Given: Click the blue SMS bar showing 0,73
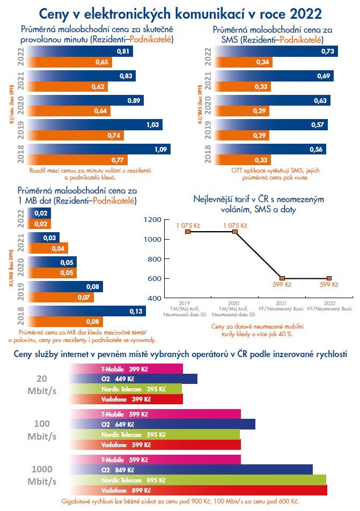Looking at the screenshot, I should pos(279,51).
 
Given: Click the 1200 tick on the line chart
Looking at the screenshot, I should pos(153,220).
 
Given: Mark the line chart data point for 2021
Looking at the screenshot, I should pos(282,278).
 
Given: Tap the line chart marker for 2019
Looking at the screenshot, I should pos(188,232).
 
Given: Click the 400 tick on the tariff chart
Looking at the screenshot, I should pos(153,298).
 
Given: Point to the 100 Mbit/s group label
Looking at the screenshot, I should pos(42,429).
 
